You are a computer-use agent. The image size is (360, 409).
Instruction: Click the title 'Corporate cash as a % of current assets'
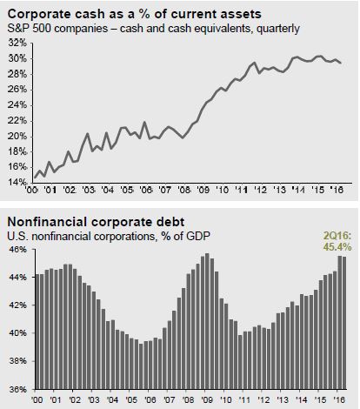[x=135, y=14]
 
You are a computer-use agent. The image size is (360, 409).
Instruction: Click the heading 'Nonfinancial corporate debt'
[x=96, y=222]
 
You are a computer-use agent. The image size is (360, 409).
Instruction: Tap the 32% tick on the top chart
[x=17, y=44]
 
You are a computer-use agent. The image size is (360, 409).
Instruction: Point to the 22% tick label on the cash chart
[x=17, y=121]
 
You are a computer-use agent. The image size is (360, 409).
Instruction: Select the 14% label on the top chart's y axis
[x=17, y=182]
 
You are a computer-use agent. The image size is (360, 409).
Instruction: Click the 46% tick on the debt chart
[x=17, y=250]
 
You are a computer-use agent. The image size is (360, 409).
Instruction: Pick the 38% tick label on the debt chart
[x=17, y=361]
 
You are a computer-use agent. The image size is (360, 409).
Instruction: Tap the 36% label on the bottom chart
[x=17, y=389]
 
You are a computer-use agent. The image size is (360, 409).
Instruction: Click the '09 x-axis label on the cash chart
[x=203, y=190]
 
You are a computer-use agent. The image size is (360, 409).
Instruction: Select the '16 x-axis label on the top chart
[x=337, y=190]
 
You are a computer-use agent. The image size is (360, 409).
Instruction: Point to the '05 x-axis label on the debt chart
[x=131, y=399]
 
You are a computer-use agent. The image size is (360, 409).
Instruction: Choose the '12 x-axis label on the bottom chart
[x=263, y=399]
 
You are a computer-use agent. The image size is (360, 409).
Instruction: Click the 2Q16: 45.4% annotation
[x=337, y=242]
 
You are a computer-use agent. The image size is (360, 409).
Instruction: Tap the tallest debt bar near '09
[x=207, y=321]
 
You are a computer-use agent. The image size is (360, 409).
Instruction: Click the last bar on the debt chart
[x=344, y=323]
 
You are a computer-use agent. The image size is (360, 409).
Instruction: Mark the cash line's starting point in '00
[x=35, y=178]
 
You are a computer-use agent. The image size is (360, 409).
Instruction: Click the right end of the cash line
[x=341, y=63]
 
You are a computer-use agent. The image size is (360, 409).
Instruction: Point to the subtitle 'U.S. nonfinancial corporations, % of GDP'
[x=109, y=237]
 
